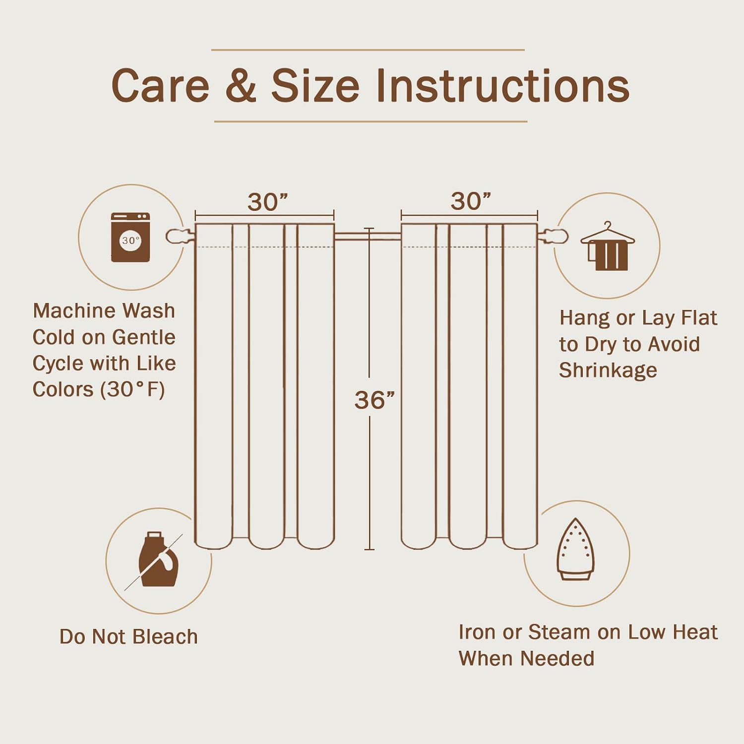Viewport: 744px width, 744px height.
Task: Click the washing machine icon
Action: coord(130,237)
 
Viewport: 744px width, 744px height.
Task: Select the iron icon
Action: coord(575,549)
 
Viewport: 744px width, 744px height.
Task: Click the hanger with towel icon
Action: coord(608,246)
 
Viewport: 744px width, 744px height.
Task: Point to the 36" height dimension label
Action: coord(374,400)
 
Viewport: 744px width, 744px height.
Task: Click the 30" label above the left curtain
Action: coord(267,202)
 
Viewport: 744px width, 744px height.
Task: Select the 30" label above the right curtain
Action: coord(471,201)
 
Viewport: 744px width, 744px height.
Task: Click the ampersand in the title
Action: coord(241,85)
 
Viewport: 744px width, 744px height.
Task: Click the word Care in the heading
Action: coord(161,86)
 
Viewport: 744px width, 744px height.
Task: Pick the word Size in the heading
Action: coord(315,85)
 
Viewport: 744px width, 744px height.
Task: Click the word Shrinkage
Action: coord(608,371)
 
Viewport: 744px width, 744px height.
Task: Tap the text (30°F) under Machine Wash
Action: coord(132,389)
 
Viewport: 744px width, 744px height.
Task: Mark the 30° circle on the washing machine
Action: coord(130,240)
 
